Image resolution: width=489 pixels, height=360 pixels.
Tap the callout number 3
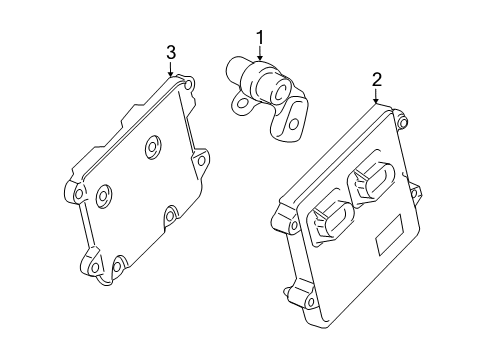click(x=171, y=51)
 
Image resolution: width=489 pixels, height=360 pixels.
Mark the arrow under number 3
click(x=171, y=70)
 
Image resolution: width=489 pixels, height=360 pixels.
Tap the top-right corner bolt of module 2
click(x=405, y=124)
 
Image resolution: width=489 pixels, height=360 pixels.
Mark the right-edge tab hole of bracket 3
click(x=202, y=159)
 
